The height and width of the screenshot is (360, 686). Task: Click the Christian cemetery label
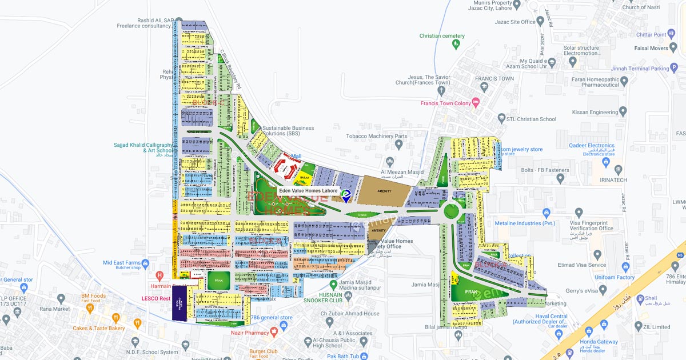pyautogui.click(x=442, y=36)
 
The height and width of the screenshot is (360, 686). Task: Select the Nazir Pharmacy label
pyautogui.click(x=249, y=333)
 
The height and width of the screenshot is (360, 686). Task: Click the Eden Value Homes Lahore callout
pyautogui.click(x=308, y=191)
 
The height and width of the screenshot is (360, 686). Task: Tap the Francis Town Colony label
pyautogui.click(x=445, y=103)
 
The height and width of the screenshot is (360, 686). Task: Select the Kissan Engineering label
pyautogui.click(x=596, y=113)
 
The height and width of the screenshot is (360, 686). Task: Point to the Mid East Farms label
pyautogui.click(x=121, y=263)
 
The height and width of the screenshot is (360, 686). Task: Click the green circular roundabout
pyautogui.click(x=452, y=212)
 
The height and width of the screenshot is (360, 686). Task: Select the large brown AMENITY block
pyautogui.click(x=384, y=193)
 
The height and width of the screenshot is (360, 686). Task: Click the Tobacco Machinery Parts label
pyautogui.click(x=377, y=137)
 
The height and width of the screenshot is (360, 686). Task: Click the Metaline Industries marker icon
pyautogui.click(x=547, y=214)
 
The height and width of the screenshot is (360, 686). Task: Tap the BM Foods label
pyautogui.click(x=93, y=296)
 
